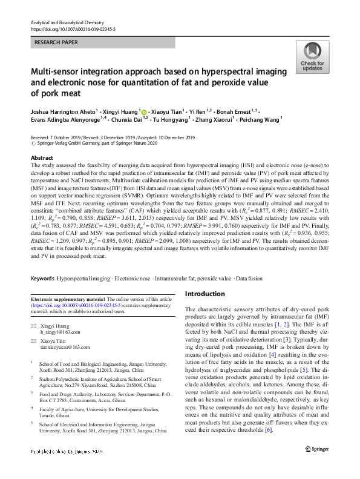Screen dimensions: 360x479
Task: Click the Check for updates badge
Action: click(312, 58)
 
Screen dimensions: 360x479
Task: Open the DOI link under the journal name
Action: click(72, 28)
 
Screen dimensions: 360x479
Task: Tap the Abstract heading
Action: click(42, 157)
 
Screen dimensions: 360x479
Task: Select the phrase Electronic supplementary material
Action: click(68, 300)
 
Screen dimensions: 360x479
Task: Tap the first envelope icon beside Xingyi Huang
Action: click(34, 326)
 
